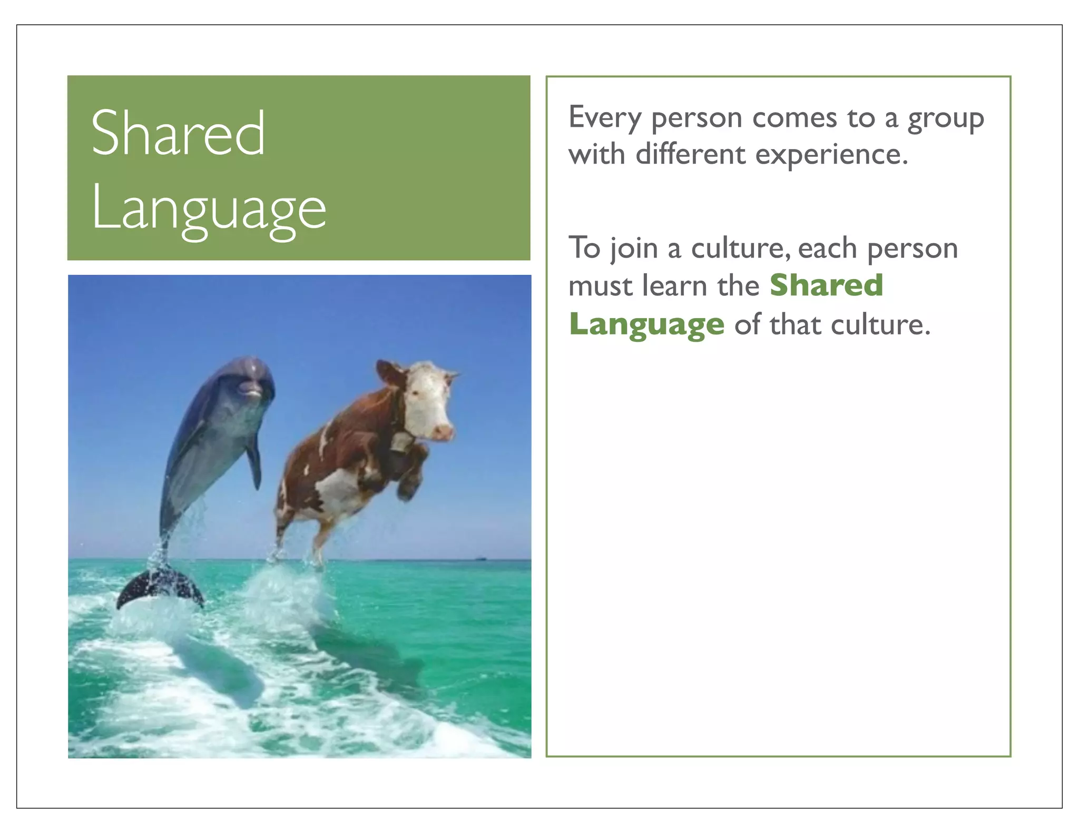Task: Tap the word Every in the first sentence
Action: (x=604, y=118)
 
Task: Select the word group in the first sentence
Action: (x=945, y=119)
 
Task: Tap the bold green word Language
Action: (x=647, y=324)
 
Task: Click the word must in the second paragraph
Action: (x=600, y=286)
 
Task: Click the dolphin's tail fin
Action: (x=158, y=589)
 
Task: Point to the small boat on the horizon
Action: (x=480, y=558)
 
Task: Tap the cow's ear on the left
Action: (x=388, y=371)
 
